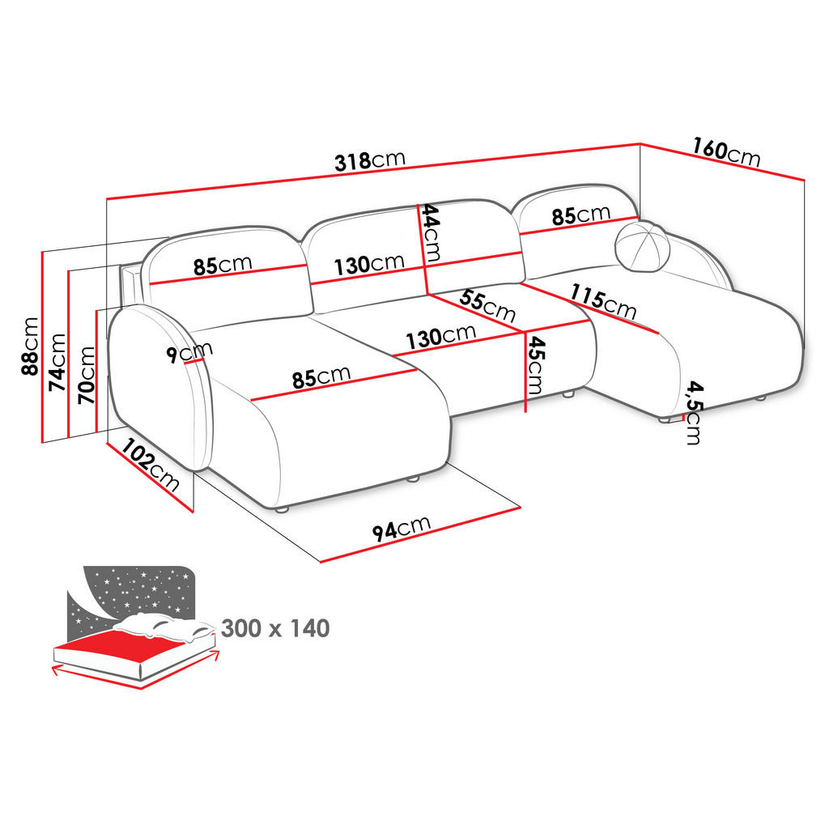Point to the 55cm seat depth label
click(487, 305)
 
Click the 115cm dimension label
click(603, 301)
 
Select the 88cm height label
click(30, 346)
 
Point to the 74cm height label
click(58, 362)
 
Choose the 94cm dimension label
click(401, 528)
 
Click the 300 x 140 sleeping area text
click(274, 627)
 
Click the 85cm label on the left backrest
click(223, 266)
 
